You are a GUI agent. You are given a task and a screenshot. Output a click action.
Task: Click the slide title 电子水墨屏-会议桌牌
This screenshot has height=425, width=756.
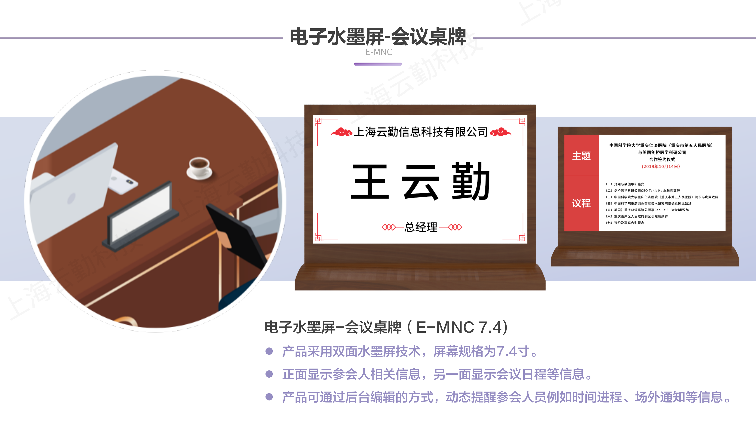(x=378, y=37)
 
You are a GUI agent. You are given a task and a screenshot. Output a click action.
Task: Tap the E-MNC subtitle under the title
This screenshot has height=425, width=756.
(x=379, y=52)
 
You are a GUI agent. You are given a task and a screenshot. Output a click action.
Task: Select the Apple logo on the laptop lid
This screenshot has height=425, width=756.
(x=71, y=199)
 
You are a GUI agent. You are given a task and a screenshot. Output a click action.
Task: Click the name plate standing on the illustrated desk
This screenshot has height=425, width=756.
(x=140, y=216)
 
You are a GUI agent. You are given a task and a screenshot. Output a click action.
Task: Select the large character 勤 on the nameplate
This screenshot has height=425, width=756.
(x=471, y=181)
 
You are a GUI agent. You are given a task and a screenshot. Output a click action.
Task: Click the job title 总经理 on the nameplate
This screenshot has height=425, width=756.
(x=421, y=227)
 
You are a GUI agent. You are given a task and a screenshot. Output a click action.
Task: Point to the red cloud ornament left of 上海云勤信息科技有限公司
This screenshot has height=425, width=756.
(x=342, y=132)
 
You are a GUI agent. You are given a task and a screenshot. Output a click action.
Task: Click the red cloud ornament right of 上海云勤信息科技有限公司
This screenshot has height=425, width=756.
(x=501, y=132)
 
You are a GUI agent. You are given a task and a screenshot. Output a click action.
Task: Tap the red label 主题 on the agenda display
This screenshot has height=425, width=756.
(x=581, y=156)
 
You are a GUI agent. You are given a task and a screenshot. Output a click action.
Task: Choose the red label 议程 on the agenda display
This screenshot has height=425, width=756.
(x=581, y=203)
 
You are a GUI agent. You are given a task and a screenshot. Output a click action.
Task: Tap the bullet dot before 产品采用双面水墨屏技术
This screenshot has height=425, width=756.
(x=269, y=351)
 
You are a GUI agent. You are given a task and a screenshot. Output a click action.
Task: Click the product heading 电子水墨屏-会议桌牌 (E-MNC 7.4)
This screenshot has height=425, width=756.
(x=386, y=327)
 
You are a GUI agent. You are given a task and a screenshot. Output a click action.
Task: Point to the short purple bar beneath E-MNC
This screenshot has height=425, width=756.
(x=378, y=64)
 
